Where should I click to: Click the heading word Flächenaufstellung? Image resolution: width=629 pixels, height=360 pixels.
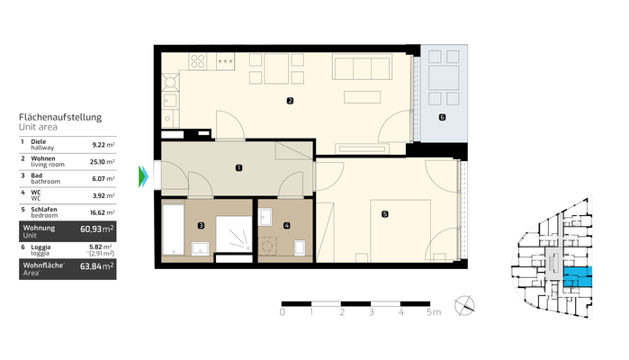point(60,117)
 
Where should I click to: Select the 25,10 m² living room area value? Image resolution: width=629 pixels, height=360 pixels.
point(103,160)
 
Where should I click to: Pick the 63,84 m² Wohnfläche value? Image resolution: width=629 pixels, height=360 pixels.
point(96,267)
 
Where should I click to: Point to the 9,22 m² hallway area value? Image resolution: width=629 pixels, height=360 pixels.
point(103,143)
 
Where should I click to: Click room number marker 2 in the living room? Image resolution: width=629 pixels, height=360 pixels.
point(289,101)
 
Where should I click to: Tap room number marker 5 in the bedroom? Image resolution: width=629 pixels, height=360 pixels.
point(384,214)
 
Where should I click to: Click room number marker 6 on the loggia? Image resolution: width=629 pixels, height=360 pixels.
point(442,118)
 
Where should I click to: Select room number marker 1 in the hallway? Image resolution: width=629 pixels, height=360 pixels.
point(238,167)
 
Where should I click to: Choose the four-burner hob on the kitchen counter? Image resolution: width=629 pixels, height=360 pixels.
point(196,62)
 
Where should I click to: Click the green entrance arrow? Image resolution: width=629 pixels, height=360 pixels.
point(142,175)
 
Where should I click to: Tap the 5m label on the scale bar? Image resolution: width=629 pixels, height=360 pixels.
point(433,313)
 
